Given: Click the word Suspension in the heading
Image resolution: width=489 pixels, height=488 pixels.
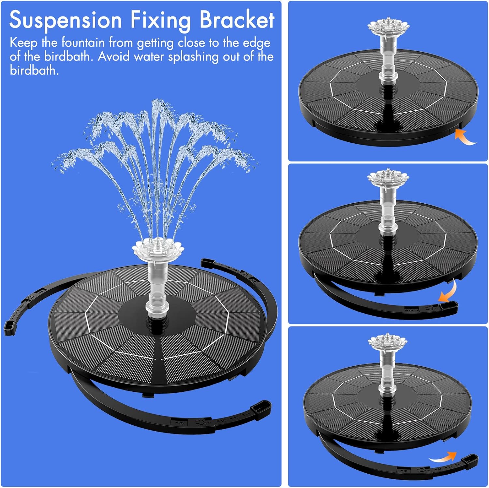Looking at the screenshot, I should point(65,20).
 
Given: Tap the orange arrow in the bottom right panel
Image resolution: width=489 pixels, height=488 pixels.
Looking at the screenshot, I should point(443,457).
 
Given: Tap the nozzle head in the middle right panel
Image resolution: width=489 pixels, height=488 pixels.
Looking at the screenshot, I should point(388,176).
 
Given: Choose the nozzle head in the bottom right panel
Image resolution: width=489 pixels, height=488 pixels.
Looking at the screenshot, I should point(388,341).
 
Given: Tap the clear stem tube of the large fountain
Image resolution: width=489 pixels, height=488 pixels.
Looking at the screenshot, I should point(158,287).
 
